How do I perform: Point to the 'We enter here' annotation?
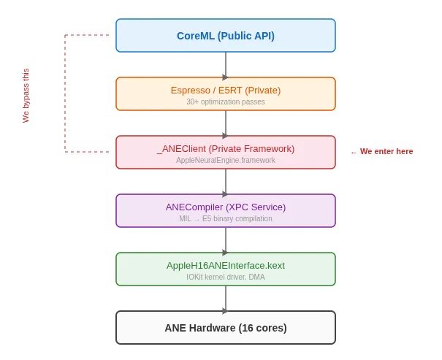tap(382, 152)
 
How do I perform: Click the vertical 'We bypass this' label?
tap(26, 96)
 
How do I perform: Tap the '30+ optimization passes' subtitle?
tap(225, 102)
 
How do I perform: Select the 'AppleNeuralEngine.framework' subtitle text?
tap(225, 161)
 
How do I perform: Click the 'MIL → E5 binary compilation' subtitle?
tap(225, 219)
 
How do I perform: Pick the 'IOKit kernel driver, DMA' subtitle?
tap(225, 277)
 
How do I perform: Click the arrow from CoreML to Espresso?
tap(226, 65)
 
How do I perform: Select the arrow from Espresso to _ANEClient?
tap(226, 123)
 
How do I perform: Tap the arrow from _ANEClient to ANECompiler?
tap(226, 182)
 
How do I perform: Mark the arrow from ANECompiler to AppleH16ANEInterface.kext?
tap(226, 240)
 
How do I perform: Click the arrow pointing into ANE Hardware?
tap(226, 299)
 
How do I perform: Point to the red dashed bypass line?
tap(65, 93)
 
